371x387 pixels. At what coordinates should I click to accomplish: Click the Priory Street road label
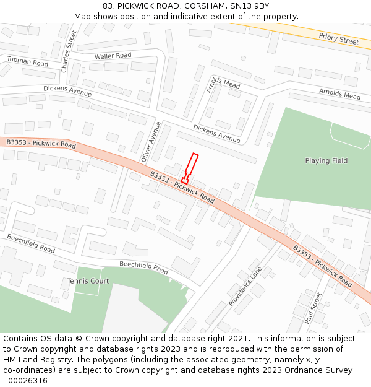pyautogui.click(x=338, y=38)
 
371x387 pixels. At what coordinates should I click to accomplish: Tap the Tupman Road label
pyautogui.click(x=27, y=61)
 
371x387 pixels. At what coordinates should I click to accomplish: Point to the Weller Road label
pyautogui.click(x=113, y=56)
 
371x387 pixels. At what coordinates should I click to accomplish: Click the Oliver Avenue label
pyautogui.click(x=151, y=142)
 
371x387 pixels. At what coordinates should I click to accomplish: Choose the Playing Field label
pyautogui.click(x=326, y=161)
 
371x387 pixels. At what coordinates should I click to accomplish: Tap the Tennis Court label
pyautogui.click(x=88, y=281)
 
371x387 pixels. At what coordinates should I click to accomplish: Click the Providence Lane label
pyautogui.click(x=245, y=286)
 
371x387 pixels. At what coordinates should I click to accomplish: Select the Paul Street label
pyautogui.click(x=313, y=308)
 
